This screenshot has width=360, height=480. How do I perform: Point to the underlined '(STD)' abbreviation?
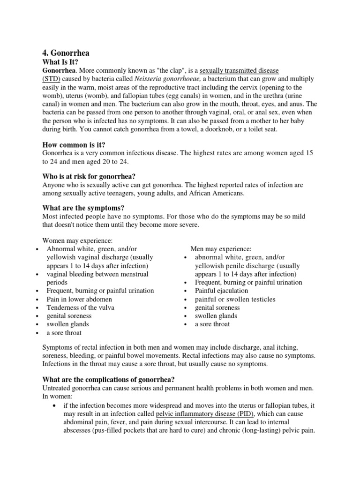[x=52, y=79]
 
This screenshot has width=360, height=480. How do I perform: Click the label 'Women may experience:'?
[x=78, y=240]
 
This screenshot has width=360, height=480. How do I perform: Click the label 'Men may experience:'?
[x=221, y=249]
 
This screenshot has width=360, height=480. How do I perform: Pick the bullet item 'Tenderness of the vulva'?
[x=81, y=307]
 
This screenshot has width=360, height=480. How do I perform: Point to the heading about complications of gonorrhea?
[x=109, y=379]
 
